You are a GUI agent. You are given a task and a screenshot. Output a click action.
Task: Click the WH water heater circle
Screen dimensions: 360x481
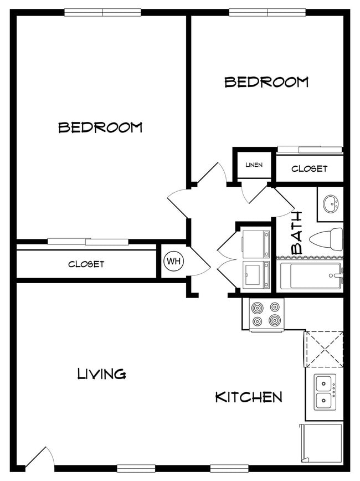tap(174, 262)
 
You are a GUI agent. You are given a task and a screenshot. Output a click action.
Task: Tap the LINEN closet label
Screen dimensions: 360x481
tap(254, 165)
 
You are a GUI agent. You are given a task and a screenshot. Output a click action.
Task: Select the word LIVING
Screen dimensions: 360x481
tap(101, 373)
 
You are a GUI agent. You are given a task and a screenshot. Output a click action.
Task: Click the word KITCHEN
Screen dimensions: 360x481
tap(249, 397)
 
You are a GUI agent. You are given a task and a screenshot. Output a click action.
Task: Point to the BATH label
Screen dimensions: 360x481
tap(297, 233)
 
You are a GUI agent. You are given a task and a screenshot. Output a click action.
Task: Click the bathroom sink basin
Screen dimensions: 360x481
tap(331, 203)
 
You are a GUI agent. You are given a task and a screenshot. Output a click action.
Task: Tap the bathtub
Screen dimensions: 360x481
tap(310, 275)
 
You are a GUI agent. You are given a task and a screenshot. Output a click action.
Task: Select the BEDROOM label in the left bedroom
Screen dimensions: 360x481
tap(100, 127)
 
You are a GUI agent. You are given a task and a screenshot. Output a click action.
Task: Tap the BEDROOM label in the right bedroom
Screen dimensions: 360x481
tap(266, 82)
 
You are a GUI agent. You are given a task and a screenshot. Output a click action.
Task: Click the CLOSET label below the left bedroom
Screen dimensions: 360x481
tap(86, 264)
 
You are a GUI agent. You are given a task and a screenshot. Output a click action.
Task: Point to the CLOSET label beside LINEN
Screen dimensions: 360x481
tap(309, 168)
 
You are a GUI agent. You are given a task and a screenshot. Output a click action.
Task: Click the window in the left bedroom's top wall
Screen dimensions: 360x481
tap(102, 12)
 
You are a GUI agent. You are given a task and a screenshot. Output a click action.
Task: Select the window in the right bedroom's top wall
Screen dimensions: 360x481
tap(268, 12)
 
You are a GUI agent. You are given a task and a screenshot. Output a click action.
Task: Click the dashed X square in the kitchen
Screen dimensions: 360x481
tap(324, 349)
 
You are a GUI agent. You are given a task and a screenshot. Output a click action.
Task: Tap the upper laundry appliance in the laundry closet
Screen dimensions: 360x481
tap(256, 244)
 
